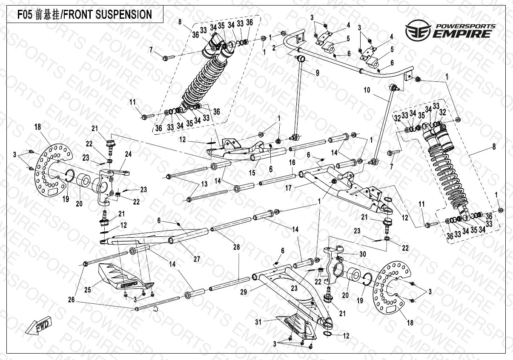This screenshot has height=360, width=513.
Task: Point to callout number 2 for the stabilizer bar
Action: point(274,48)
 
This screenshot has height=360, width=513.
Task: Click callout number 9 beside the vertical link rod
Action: point(317,73)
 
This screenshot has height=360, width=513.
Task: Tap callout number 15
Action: point(252,173)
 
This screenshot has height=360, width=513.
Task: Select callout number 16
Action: point(292,162)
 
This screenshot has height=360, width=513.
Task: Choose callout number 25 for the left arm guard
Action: point(88,290)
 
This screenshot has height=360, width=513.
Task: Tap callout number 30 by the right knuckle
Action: point(362,254)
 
